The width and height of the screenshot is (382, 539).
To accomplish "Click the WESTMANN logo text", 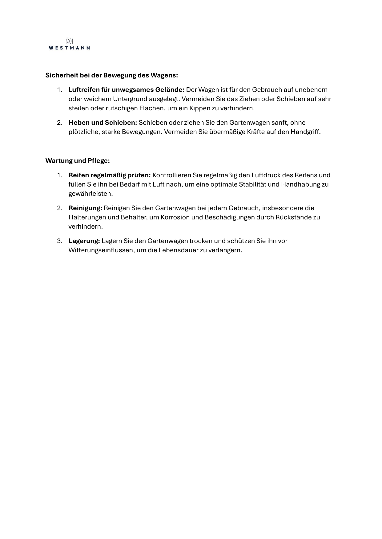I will click(69, 48).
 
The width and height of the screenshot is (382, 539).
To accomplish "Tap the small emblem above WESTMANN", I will click(69, 41).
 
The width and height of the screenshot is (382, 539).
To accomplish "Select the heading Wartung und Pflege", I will click(78, 161).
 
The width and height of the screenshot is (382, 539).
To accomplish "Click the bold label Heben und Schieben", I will click(103, 123).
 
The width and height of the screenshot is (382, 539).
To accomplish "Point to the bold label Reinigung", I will click(85, 208).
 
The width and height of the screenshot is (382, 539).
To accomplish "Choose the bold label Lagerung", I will click(84, 241).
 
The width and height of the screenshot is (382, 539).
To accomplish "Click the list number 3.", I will click(59, 241).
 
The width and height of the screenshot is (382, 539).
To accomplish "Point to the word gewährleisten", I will click(90, 194).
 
